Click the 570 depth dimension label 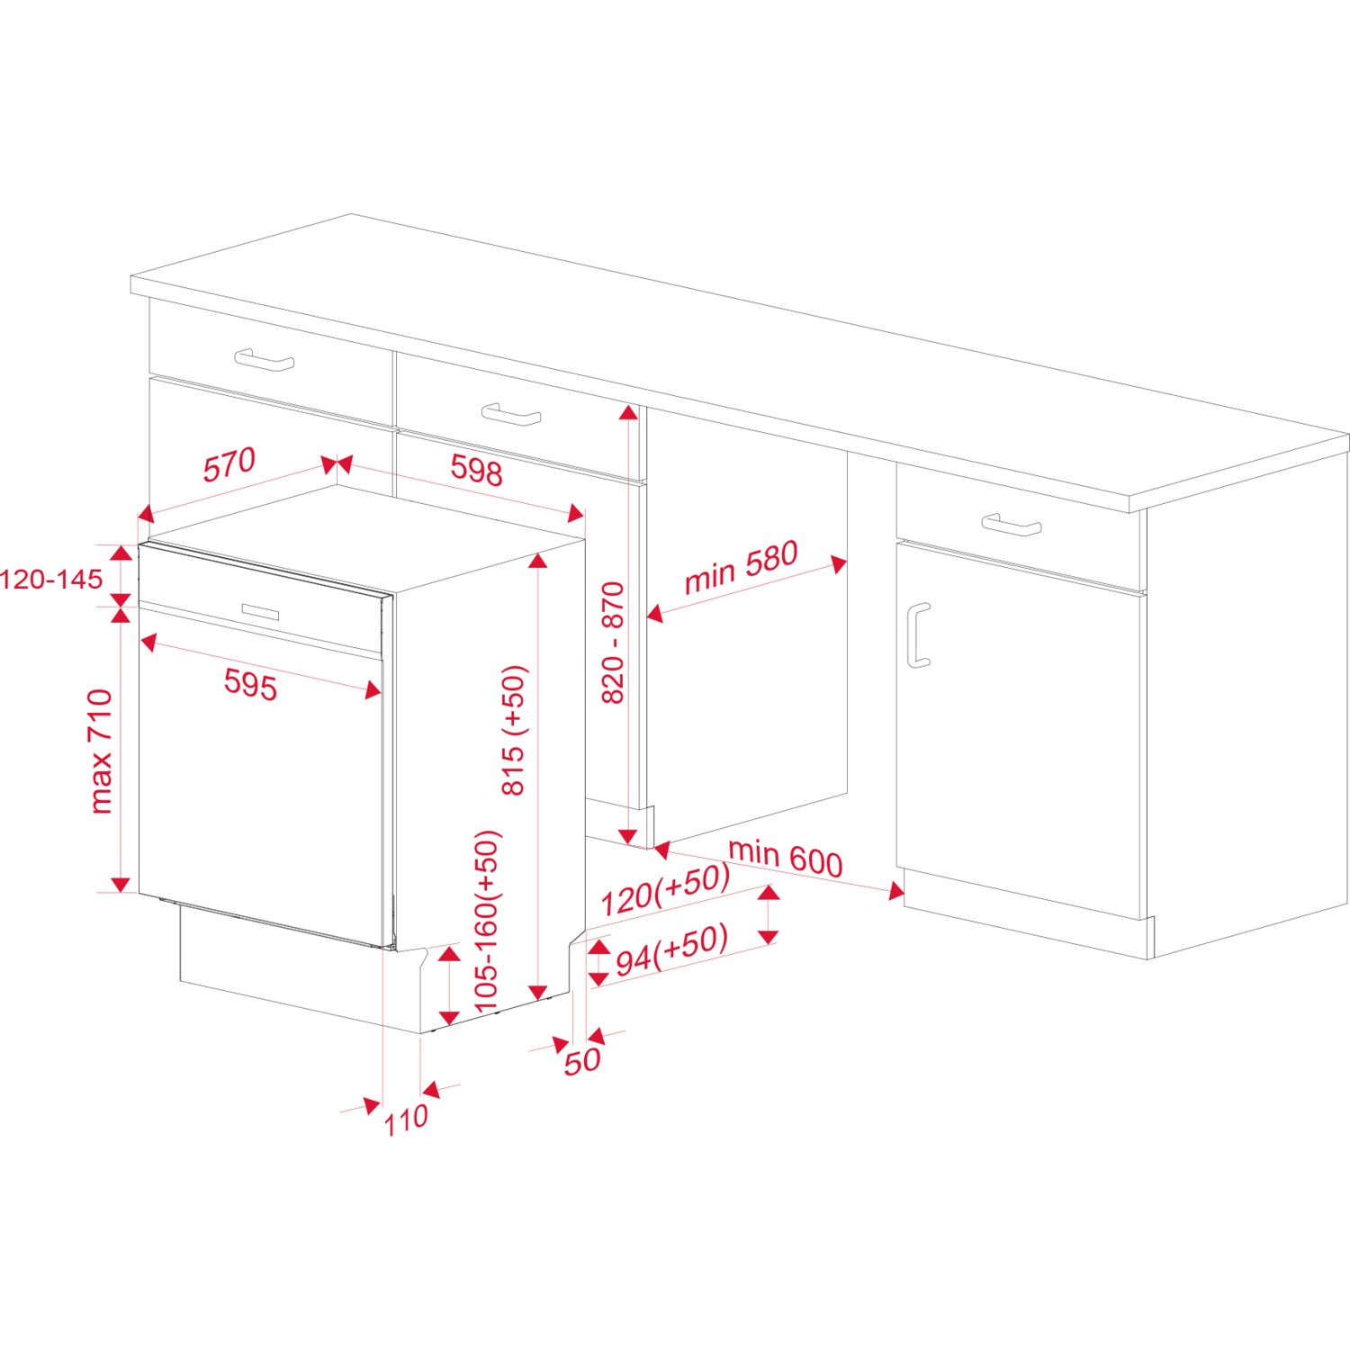[229, 464]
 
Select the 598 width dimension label [476, 470]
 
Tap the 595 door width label [250, 684]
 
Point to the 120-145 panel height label [51, 579]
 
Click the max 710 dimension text [101, 751]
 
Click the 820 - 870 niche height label [612, 643]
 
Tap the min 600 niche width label [785, 858]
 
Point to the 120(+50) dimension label [665, 890]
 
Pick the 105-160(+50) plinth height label [486, 921]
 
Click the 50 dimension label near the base [581, 1060]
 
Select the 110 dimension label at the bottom [406, 1120]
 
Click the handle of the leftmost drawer [265, 360]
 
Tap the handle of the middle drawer [511, 415]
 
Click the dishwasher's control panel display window [260, 611]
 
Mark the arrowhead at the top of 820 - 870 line [627, 413]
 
